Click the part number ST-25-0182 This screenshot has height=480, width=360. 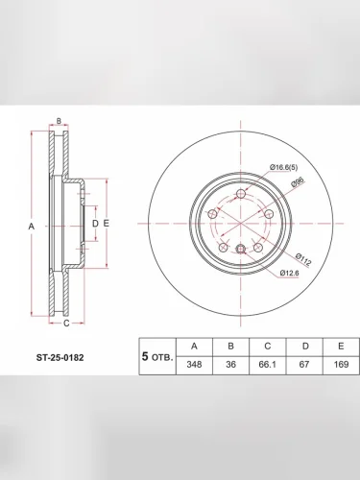[60, 357]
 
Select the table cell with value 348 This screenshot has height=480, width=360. [194, 365]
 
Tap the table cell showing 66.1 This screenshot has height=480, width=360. [268, 365]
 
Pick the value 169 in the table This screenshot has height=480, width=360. [341, 365]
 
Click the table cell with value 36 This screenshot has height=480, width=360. [230, 365]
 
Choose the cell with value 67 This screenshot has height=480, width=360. [304, 365]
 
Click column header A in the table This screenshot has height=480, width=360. [194, 347]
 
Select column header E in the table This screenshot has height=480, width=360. [341, 347]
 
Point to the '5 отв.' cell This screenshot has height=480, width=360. [157, 356]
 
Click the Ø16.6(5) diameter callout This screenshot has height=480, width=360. [283, 167]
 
